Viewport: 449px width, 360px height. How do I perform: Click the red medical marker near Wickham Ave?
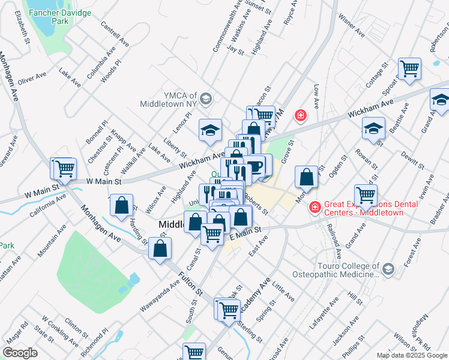pyautogui.click(x=299, y=115)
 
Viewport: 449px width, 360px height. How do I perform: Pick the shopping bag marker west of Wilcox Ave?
pyautogui.click(x=122, y=205)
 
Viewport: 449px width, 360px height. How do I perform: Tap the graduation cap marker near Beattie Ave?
pyautogui.click(x=373, y=128)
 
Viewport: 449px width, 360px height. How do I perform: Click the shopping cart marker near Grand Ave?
pyautogui.click(x=366, y=195)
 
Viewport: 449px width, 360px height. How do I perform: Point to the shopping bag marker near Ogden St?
pyautogui.click(x=307, y=177)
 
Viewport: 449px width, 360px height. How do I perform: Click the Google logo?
pyautogui.click(x=20, y=353)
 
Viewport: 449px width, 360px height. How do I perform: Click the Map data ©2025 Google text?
pyautogui.click(x=412, y=355)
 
